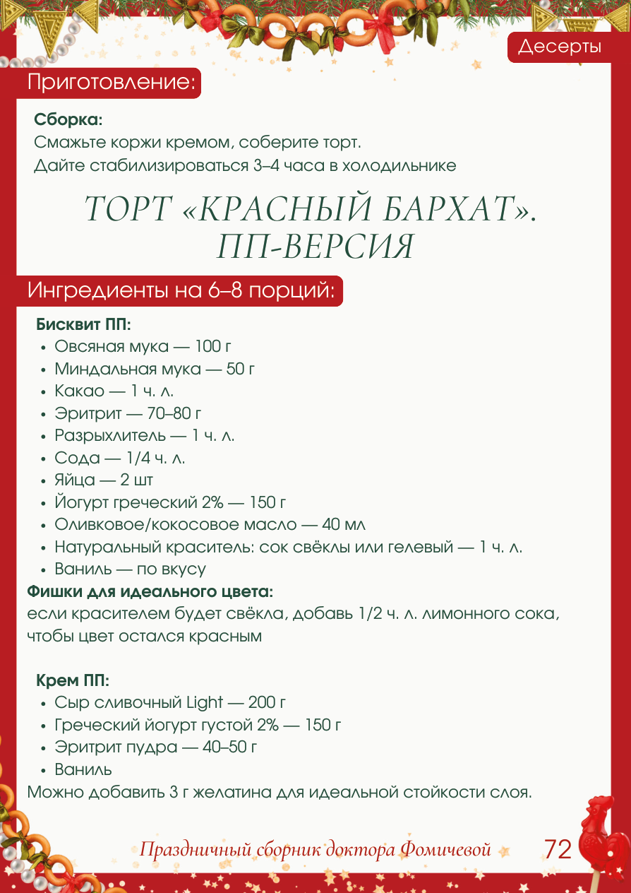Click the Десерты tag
[560, 47]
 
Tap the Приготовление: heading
[111, 82]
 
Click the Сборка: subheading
[68, 119]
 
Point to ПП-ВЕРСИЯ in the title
[315, 247]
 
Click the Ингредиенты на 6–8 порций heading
[181, 290]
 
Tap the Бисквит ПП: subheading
[84, 325]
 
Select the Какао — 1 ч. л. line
[114, 391]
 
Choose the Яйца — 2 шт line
[104, 480]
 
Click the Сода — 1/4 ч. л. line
[120, 458]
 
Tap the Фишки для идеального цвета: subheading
[150, 591]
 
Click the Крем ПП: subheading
[73, 681]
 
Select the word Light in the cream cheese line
[204, 703]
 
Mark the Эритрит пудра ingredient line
[155, 747]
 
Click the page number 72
[558, 849]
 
